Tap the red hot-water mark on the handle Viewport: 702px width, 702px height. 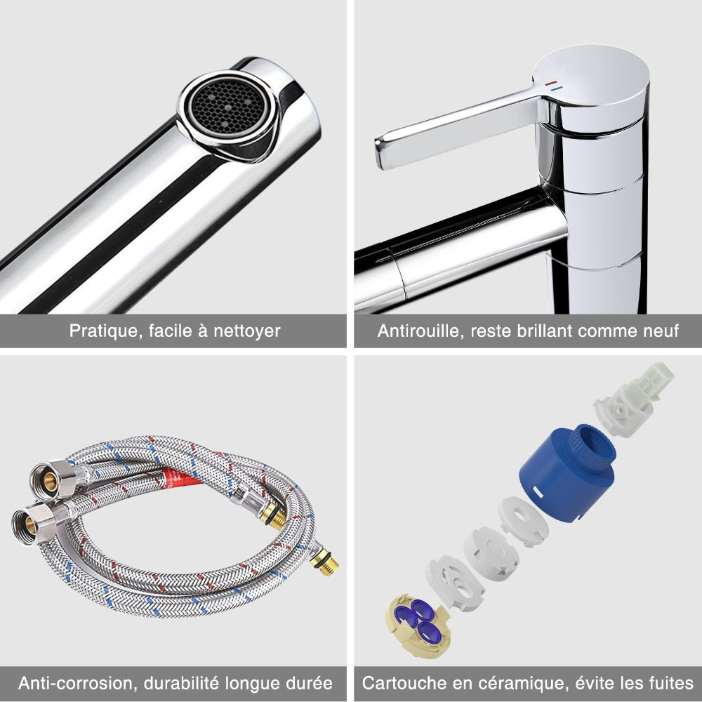point(550,84)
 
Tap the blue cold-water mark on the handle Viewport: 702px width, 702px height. point(555,89)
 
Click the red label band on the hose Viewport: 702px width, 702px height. point(181,477)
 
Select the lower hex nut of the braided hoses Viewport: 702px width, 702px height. point(34,524)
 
